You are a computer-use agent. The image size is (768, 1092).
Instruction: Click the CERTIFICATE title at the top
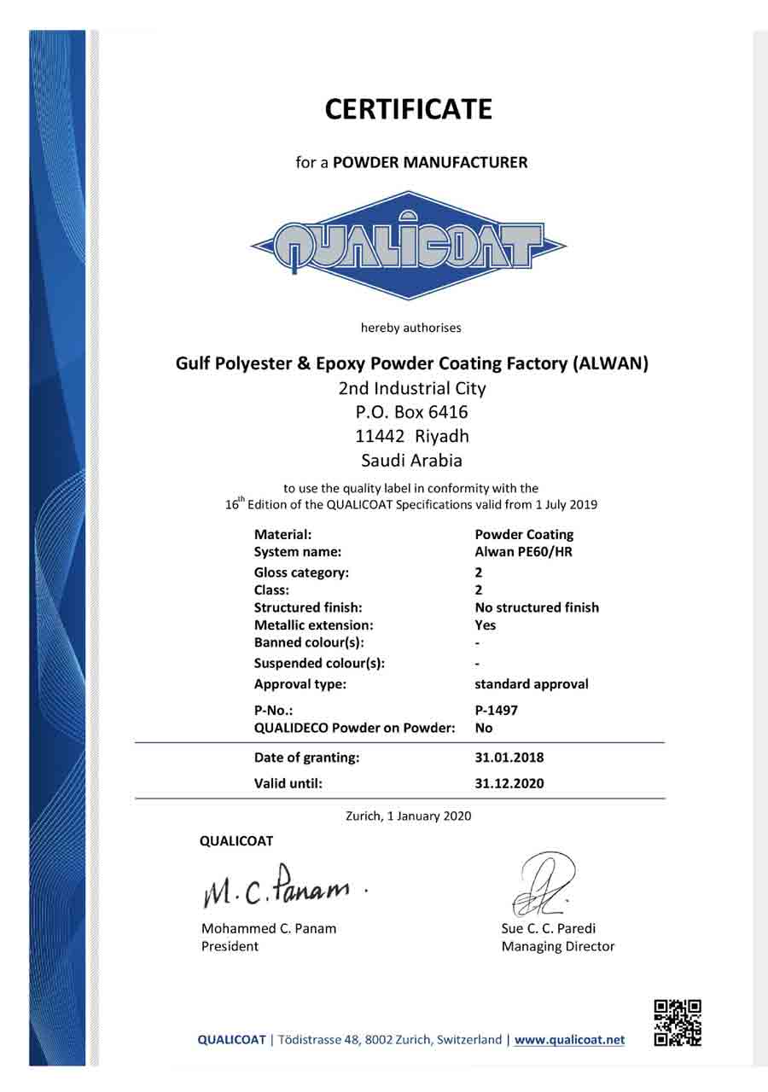(x=409, y=109)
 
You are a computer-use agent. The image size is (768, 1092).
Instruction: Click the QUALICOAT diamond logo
(x=409, y=245)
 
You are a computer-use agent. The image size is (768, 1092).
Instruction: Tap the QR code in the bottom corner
(x=678, y=1023)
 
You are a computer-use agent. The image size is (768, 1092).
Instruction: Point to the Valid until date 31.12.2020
(x=509, y=783)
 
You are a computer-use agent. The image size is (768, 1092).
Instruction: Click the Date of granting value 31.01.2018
(x=509, y=757)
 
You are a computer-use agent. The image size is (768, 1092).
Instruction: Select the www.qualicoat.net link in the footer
(x=570, y=1040)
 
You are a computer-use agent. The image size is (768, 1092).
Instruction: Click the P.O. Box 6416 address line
(x=412, y=412)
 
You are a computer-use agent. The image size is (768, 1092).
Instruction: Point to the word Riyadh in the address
(x=442, y=436)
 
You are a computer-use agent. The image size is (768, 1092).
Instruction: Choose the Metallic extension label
(x=314, y=625)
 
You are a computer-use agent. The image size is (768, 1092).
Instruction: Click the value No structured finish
(x=537, y=607)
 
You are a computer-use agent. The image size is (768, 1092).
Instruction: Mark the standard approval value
(x=532, y=684)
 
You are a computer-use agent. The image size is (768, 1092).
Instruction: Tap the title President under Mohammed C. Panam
(x=230, y=946)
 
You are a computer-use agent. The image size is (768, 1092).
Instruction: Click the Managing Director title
(x=558, y=946)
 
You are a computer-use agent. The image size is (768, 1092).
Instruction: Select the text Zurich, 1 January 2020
(x=408, y=816)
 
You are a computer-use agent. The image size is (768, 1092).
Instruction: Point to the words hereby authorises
(x=410, y=327)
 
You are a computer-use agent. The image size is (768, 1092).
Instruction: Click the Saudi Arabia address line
(x=412, y=461)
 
